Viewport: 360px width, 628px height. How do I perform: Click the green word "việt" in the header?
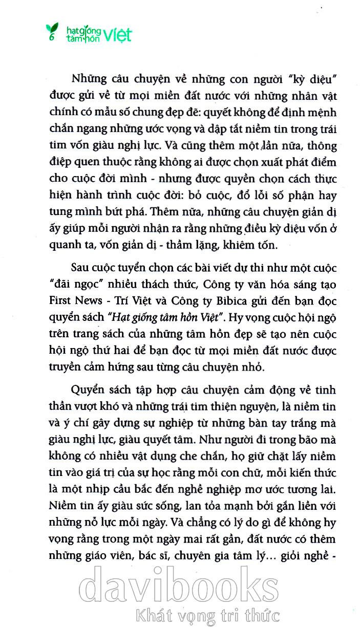click(x=119, y=35)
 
